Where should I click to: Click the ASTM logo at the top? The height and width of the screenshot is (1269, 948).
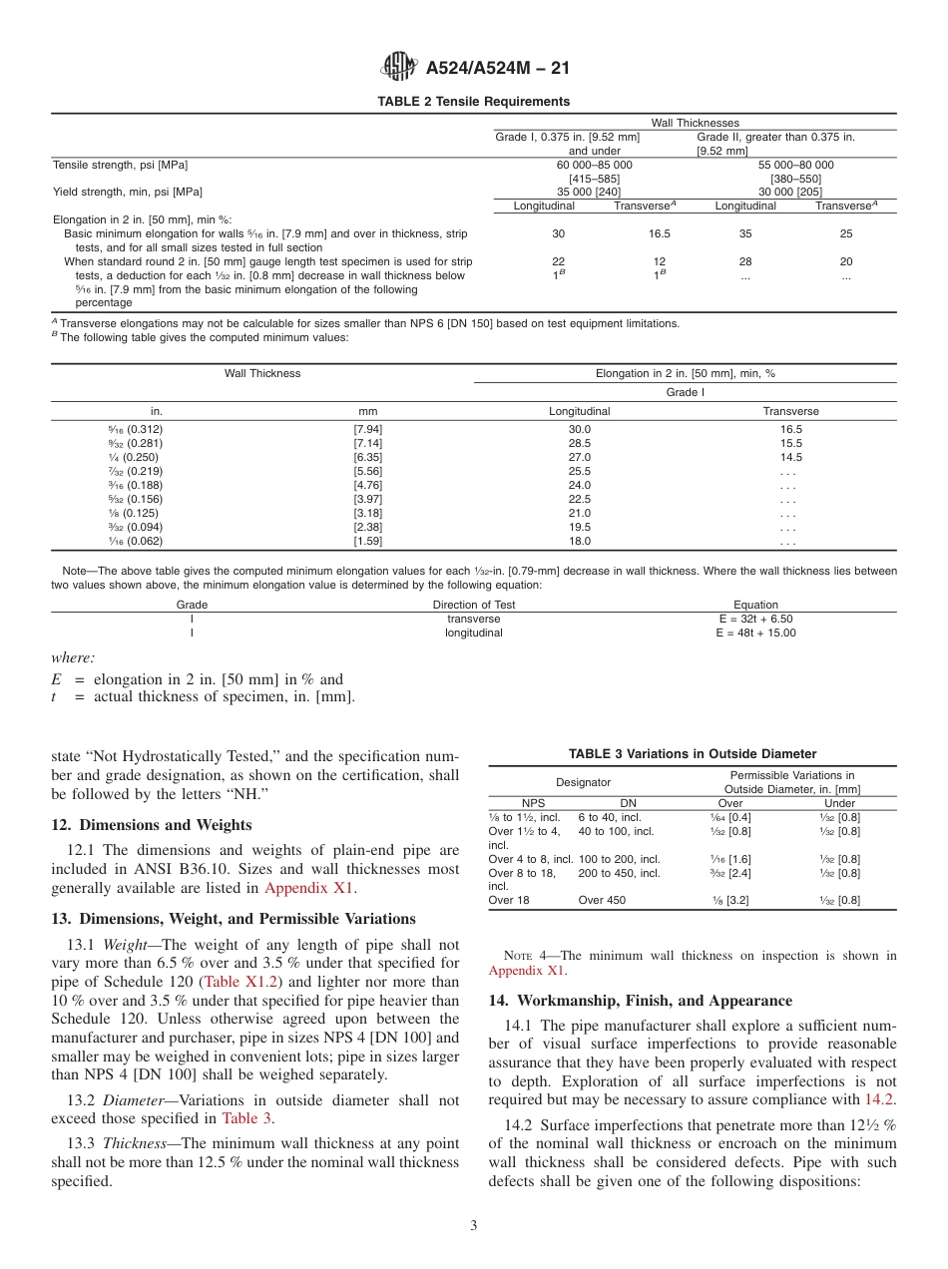pyautogui.click(x=399, y=68)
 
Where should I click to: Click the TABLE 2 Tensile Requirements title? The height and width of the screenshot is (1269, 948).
pyautogui.click(x=473, y=102)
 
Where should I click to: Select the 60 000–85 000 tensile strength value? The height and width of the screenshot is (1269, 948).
pyautogui.click(x=594, y=165)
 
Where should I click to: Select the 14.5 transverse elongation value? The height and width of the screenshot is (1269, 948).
pyautogui.click(x=790, y=457)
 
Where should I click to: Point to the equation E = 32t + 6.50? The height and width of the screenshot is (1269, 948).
pyautogui.click(x=754, y=619)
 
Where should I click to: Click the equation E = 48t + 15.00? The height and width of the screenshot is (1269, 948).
pyautogui.click(x=755, y=633)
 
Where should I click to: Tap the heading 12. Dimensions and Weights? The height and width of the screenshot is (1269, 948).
pyautogui.click(x=151, y=825)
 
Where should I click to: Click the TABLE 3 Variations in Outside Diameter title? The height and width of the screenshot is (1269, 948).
pyautogui.click(x=693, y=754)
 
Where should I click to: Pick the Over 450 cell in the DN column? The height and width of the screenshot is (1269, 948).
pyautogui.click(x=603, y=900)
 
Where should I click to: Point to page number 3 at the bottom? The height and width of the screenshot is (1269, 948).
pyautogui.click(x=473, y=1226)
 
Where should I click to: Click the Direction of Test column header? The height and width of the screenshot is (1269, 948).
pyautogui.click(x=474, y=605)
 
